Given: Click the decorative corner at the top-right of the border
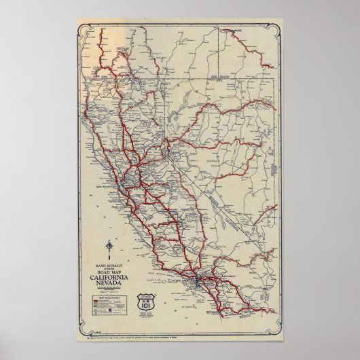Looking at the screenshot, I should pos(279,28).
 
